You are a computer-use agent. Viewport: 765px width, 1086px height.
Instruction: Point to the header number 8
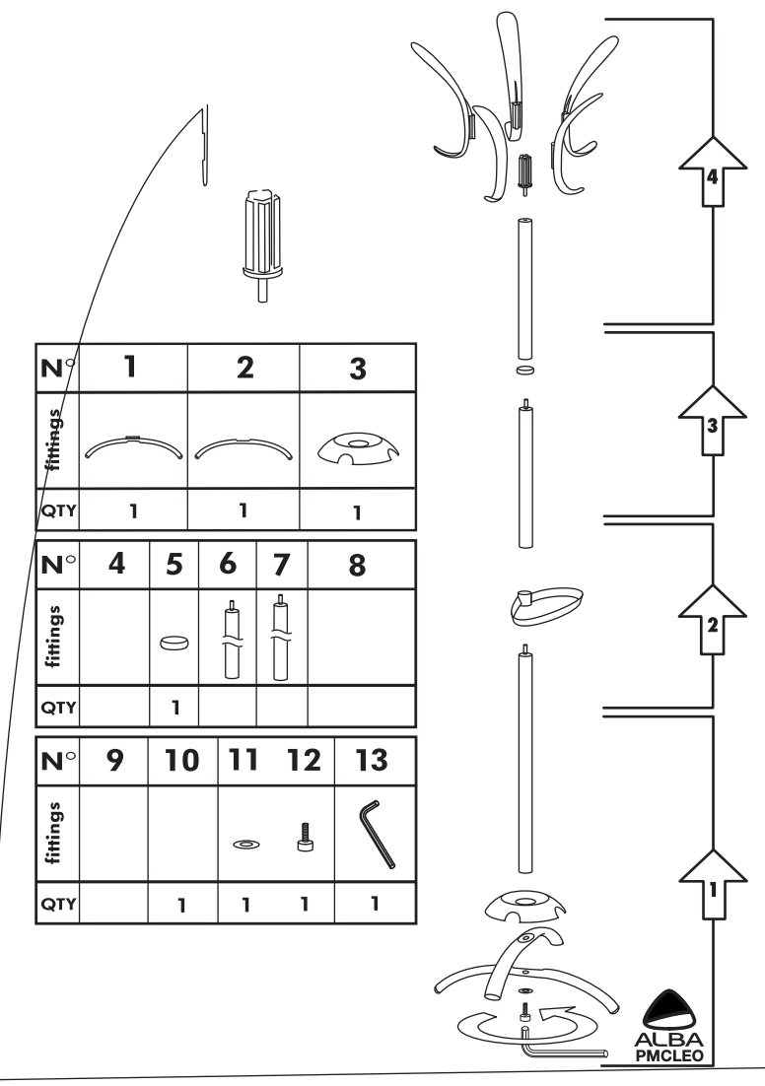click(x=357, y=567)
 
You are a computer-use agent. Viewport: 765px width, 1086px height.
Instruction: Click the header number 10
click(x=181, y=761)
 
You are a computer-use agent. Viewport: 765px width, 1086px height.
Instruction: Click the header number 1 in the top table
click(x=129, y=367)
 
